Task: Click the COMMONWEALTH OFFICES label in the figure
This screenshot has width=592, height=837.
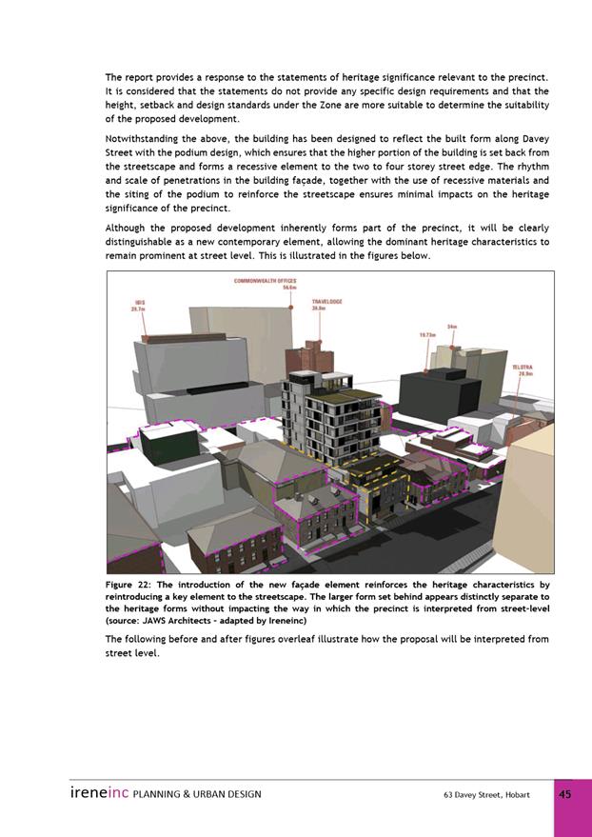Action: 265,283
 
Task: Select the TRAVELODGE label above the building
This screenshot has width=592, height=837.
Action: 326,305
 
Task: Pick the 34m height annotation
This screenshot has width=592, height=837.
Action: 453,327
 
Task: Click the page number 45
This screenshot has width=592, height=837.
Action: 565,794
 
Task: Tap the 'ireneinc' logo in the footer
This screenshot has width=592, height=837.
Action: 99,793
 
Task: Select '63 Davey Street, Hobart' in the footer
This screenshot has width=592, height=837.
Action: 486,794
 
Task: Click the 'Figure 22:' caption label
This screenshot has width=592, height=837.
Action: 132,585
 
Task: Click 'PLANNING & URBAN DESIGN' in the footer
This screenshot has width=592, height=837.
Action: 197,794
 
